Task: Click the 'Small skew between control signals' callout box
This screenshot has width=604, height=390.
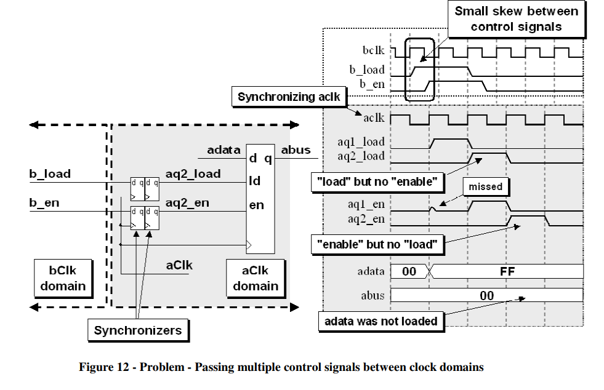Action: [x=515, y=18]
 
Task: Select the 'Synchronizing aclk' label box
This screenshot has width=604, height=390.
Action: [x=288, y=97]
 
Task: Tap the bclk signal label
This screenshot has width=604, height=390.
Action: [x=374, y=51]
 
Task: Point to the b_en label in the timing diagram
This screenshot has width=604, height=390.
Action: [x=372, y=82]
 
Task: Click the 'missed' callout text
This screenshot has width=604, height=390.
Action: [x=486, y=186]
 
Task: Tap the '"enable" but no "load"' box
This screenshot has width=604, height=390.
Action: [x=377, y=245]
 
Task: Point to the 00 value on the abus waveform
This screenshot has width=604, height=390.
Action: [x=486, y=296]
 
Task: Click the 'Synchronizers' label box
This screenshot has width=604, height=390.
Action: [x=138, y=330]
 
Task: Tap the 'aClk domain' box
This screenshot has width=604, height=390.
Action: [x=256, y=277]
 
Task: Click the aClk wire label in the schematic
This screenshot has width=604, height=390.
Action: [x=180, y=265]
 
